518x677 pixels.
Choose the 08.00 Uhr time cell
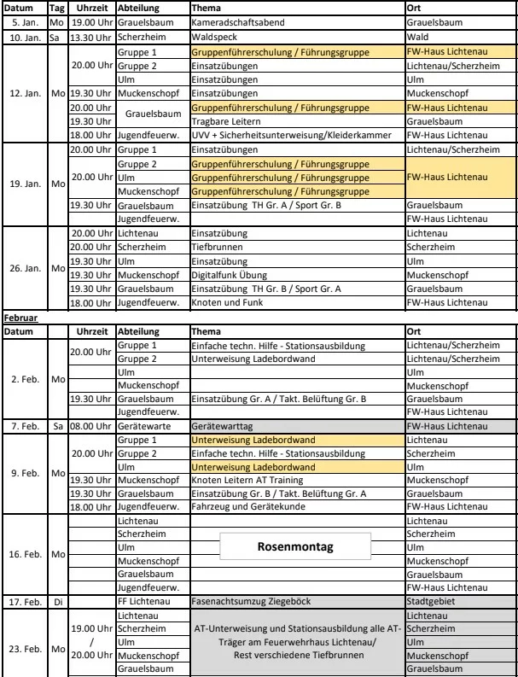tap(90, 424)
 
